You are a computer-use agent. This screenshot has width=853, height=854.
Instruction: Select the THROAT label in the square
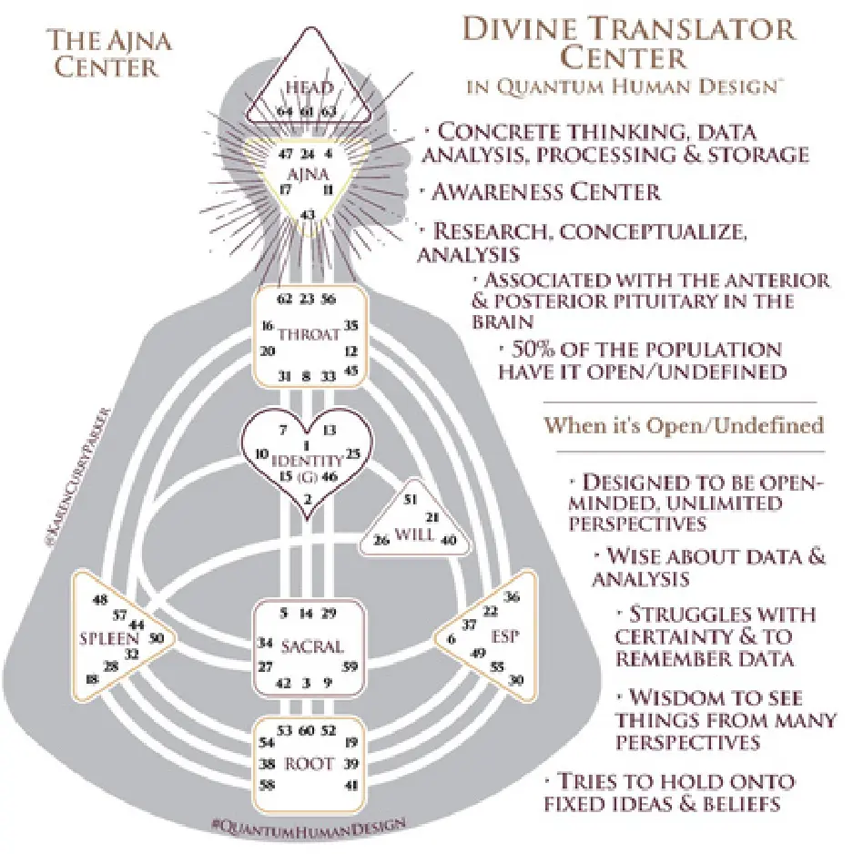tap(308, 334)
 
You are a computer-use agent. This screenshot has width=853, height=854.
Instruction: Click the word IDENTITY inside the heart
tap(307, 461)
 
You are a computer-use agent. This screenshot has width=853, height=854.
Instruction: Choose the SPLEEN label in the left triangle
tap(101, 637)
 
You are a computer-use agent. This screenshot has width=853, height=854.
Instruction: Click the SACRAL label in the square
tap(311, 647)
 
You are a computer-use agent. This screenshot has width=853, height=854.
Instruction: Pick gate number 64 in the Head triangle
tap(286, 111)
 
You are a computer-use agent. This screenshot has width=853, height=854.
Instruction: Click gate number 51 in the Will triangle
tap(411, 499)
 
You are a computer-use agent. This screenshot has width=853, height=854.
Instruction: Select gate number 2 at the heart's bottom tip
tap(308, 498)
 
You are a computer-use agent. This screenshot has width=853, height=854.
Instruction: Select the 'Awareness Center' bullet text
tap(546, 191)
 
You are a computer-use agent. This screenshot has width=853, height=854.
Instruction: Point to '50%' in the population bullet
tap(533, 350)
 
